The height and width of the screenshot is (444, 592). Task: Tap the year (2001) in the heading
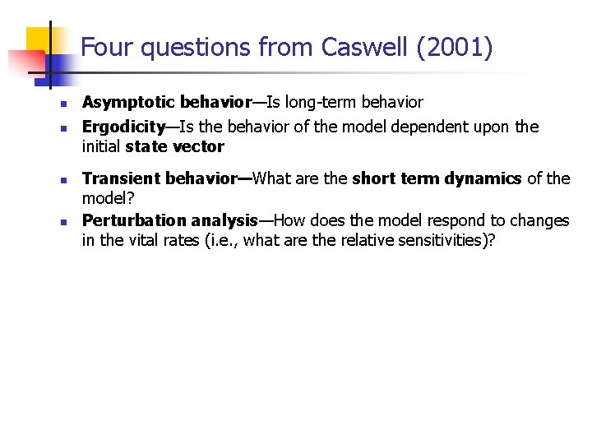[455, 48]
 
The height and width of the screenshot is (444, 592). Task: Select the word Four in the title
[109, 48]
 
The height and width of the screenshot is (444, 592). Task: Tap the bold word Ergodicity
[123, 127]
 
